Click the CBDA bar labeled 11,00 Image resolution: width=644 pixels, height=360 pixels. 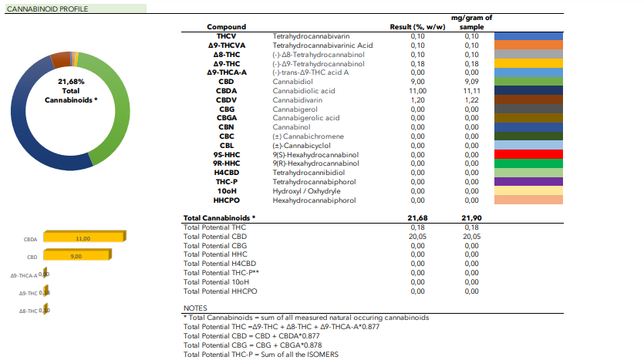[83, 239]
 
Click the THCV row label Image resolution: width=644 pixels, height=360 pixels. [226, 36]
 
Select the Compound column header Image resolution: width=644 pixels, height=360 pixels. [226, 27]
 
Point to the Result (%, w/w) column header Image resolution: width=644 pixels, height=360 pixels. [418, 27]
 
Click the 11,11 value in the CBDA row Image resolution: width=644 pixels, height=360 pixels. [471, 90]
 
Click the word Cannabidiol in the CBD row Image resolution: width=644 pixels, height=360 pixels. [292, 81]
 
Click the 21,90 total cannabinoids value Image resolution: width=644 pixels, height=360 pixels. [471, 219]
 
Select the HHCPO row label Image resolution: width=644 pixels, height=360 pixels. [226, 199]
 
